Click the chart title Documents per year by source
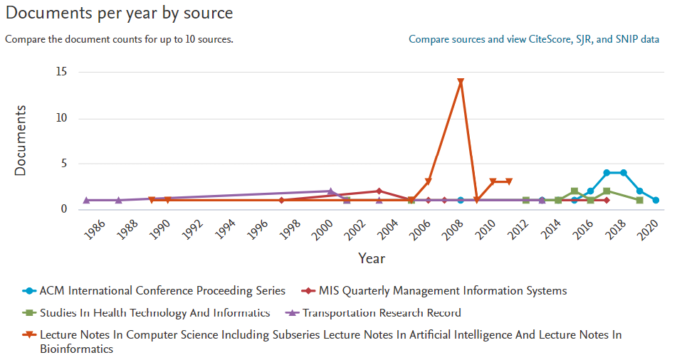(119, 14)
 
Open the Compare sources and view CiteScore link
(533, 39)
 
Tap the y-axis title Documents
(21, 140)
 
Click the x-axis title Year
(371, 258)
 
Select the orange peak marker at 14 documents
(461, 82)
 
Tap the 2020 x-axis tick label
(649, 229)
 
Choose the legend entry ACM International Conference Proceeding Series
(162, 290)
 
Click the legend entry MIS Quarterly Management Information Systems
(442, 290)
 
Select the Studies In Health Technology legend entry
(154, 312)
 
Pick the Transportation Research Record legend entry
(382, 312)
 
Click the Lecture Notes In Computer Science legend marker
(29, 334)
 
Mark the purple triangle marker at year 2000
(330, 191)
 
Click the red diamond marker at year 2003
(379, 191)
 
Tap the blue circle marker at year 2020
(656, 200)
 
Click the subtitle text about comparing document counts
(119, 39)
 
